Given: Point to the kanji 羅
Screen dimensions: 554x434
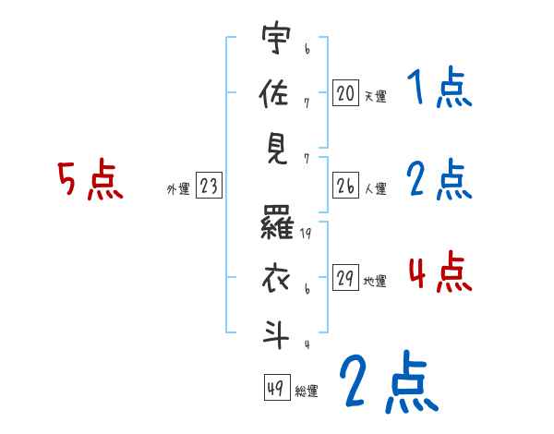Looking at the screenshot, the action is click(x=274, y=224).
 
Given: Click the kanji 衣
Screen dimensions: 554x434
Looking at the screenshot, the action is click(x=274, y=276).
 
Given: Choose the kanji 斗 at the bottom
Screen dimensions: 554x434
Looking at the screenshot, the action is click(x=274, y=333).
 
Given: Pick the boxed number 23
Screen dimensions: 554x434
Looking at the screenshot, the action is click(x=209, y=187).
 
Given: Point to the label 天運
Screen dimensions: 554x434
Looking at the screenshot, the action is click(x=375, y=96).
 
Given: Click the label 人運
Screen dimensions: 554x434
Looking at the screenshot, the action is click(x=375, y=189).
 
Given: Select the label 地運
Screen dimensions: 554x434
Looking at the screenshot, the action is click(x=375, y=281).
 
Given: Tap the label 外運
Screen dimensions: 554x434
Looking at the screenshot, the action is click(x=178, y=189).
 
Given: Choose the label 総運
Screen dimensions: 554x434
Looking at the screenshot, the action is click(x=306, y=391).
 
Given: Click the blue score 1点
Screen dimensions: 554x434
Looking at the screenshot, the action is click(x=439, y=90).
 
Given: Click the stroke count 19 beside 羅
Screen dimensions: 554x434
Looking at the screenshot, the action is click(x=307, y=234).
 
